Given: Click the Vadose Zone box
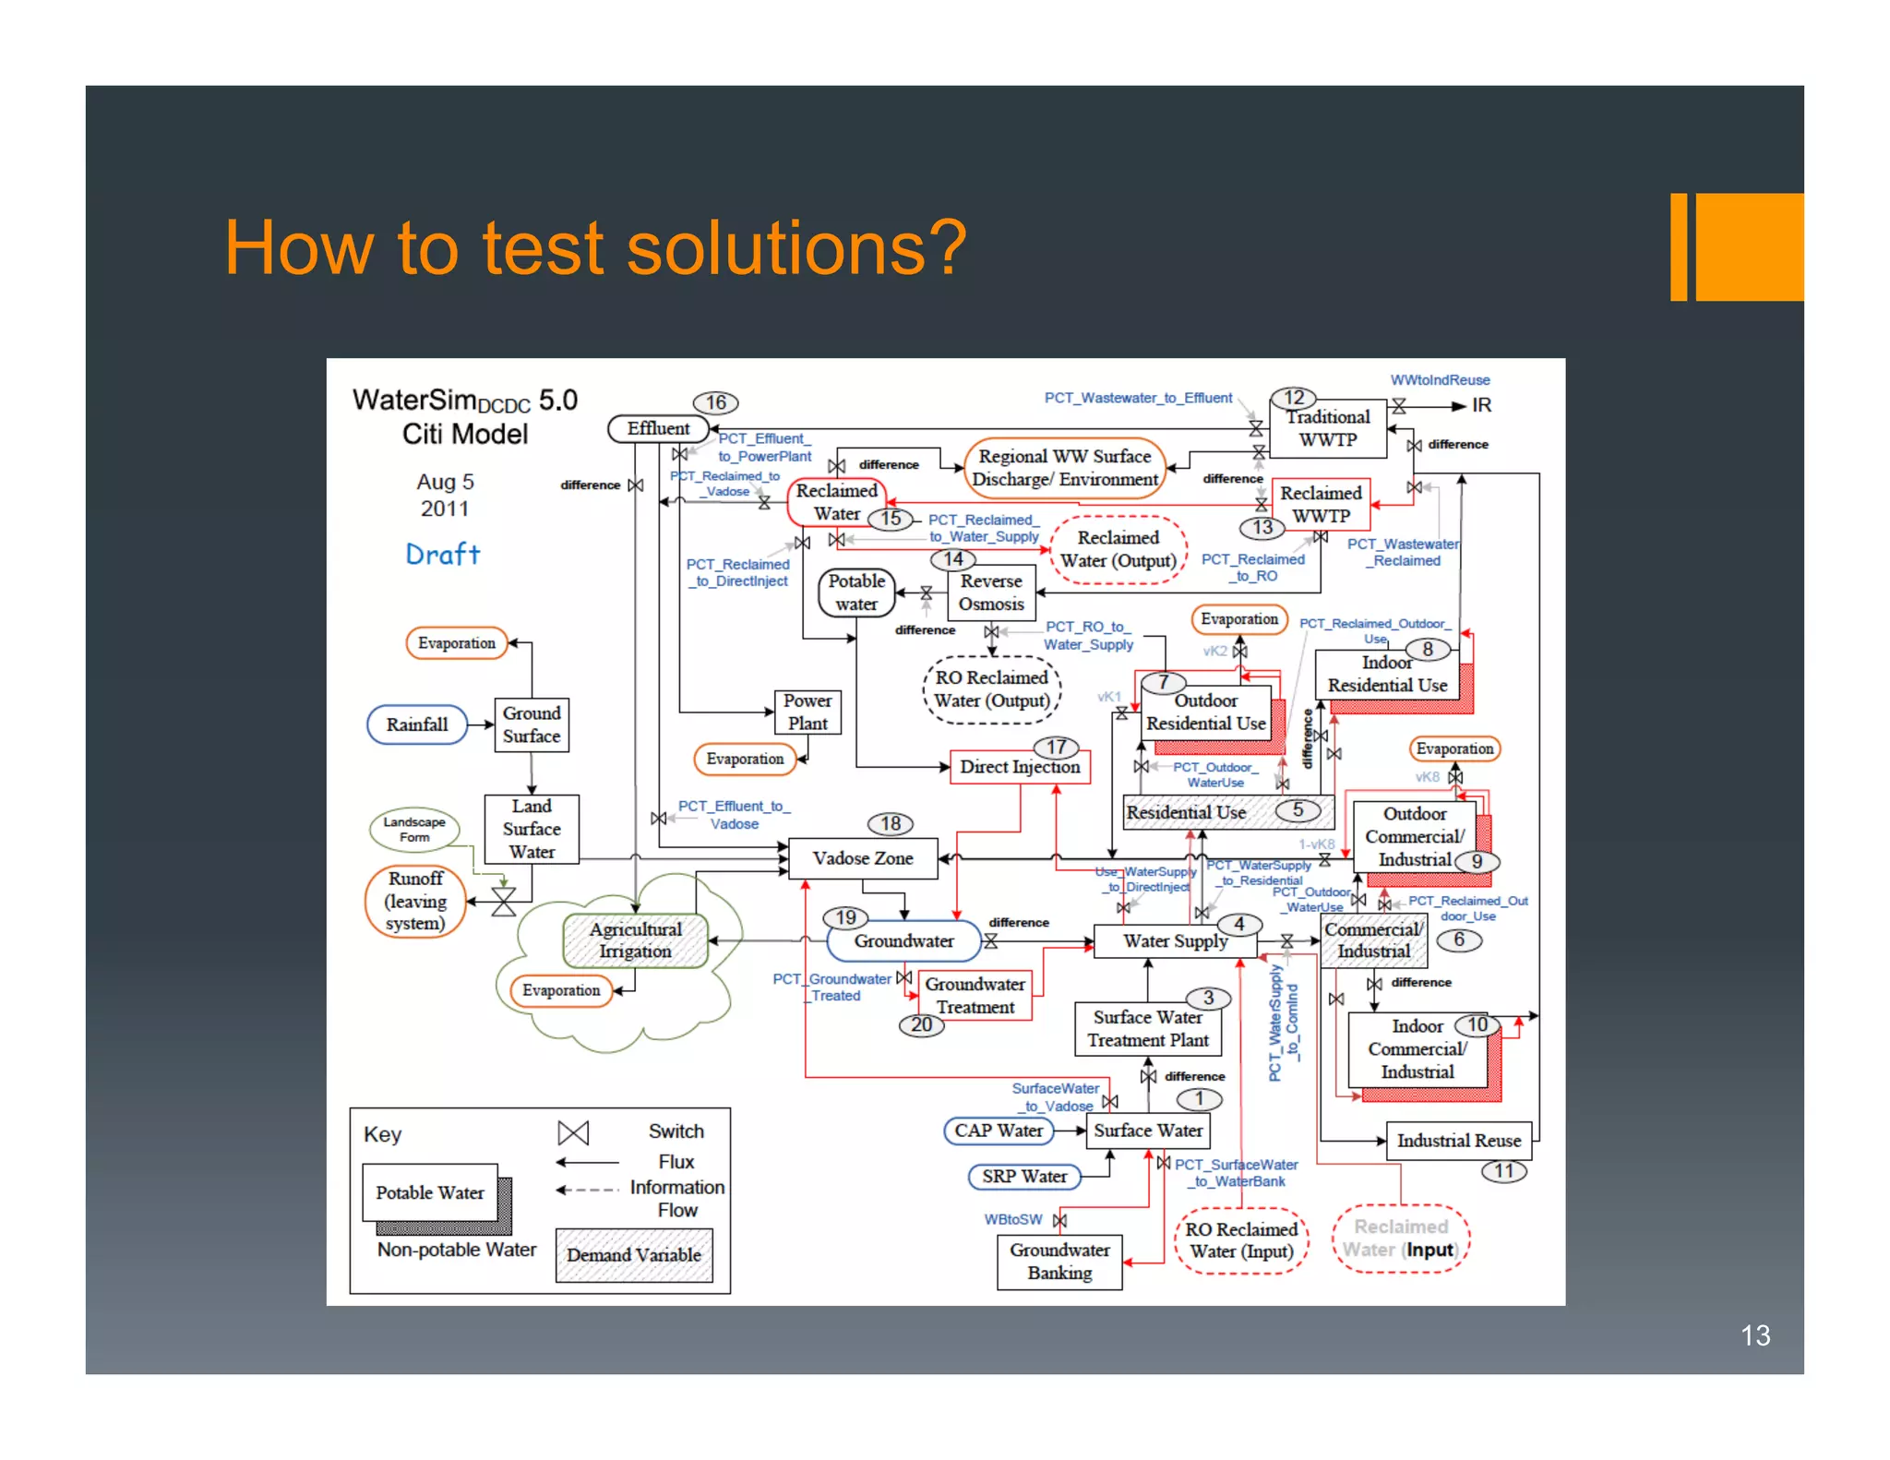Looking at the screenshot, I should (x=862, y=858).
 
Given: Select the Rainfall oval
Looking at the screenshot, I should (x=417, y=724).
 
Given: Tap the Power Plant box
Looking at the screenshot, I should (x=807, y=712).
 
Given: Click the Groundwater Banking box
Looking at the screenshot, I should (x=1059, y=1261).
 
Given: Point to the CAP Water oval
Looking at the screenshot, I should (x=999, y=1131).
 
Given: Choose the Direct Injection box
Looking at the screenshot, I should (x=1020, y=767).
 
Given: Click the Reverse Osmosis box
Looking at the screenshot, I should (x=991, y=592).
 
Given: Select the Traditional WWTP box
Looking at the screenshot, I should (x=1328, y=428).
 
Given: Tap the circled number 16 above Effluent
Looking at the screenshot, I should (x=716, y=402).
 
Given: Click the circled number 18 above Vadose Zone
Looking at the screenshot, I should (x=891, y=823).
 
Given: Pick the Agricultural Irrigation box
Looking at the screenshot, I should (x=636, y=939).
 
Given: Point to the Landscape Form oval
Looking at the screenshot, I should (x=414, y=829).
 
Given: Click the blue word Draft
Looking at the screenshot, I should (x=443, y=554).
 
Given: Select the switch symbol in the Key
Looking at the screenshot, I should (x=573, y=1132).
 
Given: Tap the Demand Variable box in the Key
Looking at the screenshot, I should (x=634, y=1255).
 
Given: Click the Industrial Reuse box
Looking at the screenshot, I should (x=1459, y=1141).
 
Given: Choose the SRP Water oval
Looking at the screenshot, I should (x=1024, y=1177).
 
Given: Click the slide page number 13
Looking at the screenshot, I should (x=1754, y=1335).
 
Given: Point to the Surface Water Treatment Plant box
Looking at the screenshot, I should (x=1148, y=1029).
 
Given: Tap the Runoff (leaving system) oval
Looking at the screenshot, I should (x=415, y=901).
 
